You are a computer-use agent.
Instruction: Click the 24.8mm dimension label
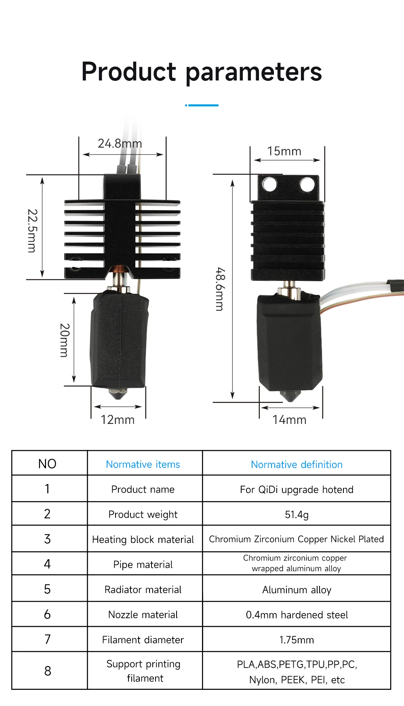(120, 143)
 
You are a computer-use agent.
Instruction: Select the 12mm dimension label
(118, 420)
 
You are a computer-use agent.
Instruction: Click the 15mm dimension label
(284, 151)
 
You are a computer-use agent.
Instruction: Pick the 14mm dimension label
(289, 420)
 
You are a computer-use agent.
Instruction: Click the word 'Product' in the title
(129, 72)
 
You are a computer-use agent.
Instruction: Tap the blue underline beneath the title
(202, 105)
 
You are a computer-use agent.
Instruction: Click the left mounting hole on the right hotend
(269, 184)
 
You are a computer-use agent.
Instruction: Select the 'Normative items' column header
(143, 464)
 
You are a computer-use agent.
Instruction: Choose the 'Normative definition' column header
(297, 464)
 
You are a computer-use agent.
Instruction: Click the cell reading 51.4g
(297, 514)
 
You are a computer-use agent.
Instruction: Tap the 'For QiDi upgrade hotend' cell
(297, 489)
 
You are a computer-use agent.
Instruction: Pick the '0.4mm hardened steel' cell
(297, 615)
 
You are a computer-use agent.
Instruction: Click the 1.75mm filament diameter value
(297, 640)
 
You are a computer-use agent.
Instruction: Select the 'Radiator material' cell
(143, 590)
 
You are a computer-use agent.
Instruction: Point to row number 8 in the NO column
(48, 671)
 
